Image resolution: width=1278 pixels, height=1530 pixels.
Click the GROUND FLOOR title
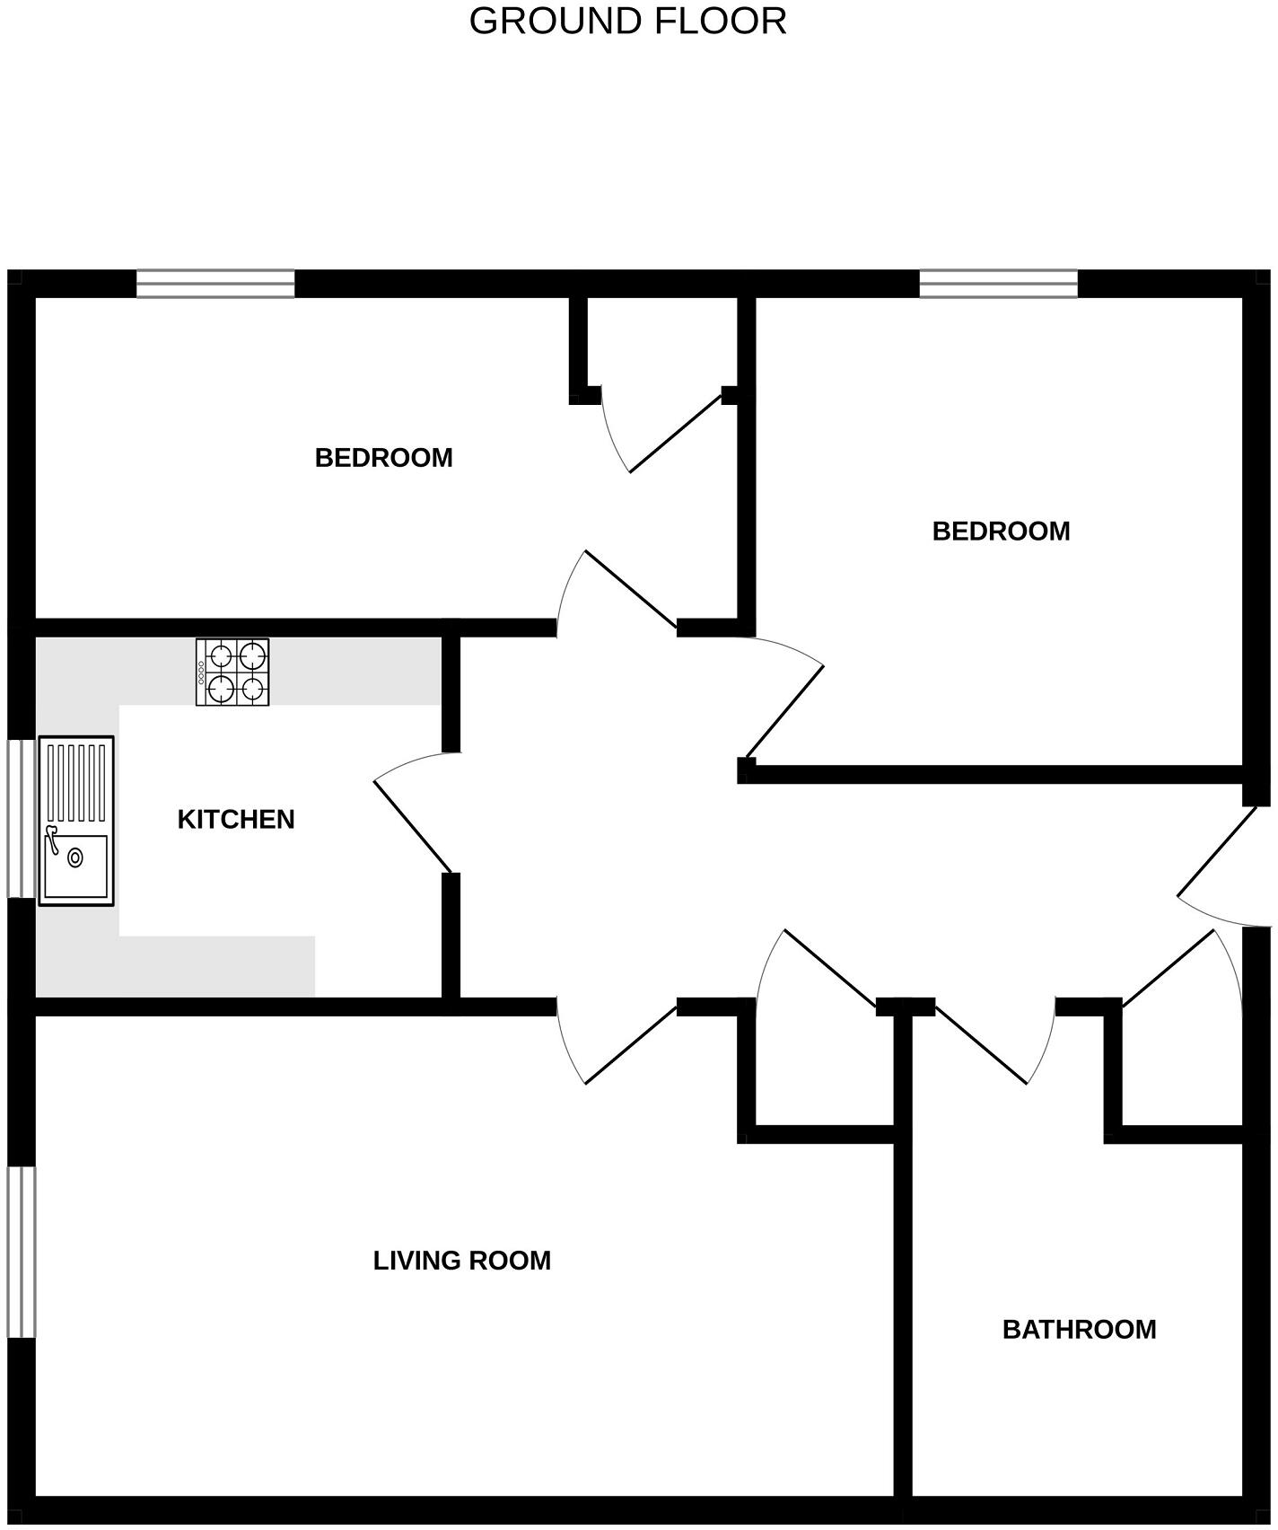click(x=627, y=22)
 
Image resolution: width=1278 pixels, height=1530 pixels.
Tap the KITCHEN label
click(x=236, y=820)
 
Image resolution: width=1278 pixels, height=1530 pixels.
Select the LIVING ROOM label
click(x=461, y=1261)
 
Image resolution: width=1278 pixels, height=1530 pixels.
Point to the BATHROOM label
click(x=1079, y=1330)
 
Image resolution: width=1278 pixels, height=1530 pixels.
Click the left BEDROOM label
click(x=383, y=458)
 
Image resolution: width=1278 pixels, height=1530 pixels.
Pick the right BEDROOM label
click(x=1001, y=532)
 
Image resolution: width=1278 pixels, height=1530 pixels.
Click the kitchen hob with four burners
click(x=232, y=672)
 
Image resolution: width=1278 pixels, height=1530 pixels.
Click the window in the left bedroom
click(x=215, y=283)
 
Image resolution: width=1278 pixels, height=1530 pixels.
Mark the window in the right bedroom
click(x=998, y=283)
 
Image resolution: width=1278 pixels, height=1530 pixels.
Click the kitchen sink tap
click(x=52, y=839)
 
